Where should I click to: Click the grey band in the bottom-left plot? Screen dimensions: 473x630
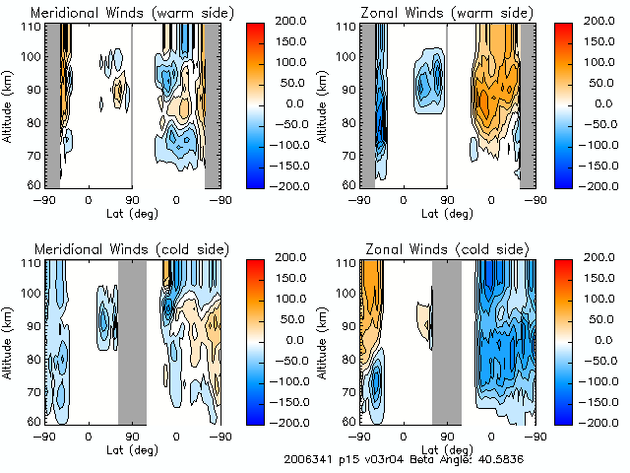click(x=132, y=340)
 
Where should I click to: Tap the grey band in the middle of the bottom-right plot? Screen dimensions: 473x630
click(x=446, y=340)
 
